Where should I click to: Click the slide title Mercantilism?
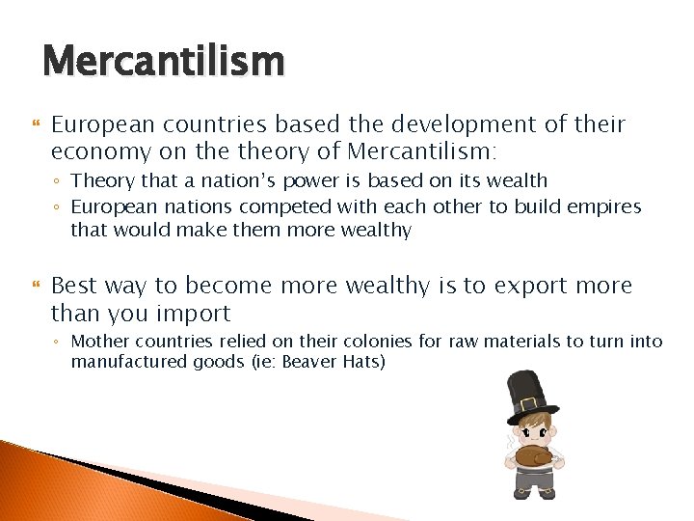pyautogui.click(x=163, y=62)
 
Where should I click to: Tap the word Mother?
pyautogui.click(x=101, y=341)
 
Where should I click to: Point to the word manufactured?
pyautogui.click(x=127, y=362)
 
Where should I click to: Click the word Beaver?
pyautogui.click(x=311, y=362)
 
